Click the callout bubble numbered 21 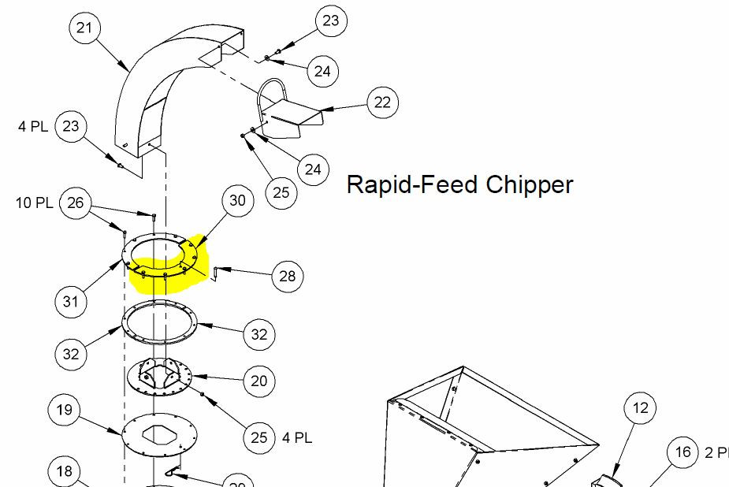click(x=84, y=29)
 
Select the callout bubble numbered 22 click(x=382, y=102)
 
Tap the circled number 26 click(x=76, y=203)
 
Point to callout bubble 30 click(x=237, y=200)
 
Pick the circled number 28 click(x=287, y=276)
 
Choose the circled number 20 click(x=259, y=381)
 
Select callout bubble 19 click(x=65, y=409)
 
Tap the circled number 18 click(x=65, y=471)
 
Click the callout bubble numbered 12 click(x=640, y=408)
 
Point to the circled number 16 click(x=683, y=452)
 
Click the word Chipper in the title click(x=530, y=184)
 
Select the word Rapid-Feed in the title click(x=412, y=184)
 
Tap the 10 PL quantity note click(x=34, y=203)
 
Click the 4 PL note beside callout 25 click(x=297, y=437)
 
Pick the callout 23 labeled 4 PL click(x=71, y=126)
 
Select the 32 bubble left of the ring click(x=71, y=354)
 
